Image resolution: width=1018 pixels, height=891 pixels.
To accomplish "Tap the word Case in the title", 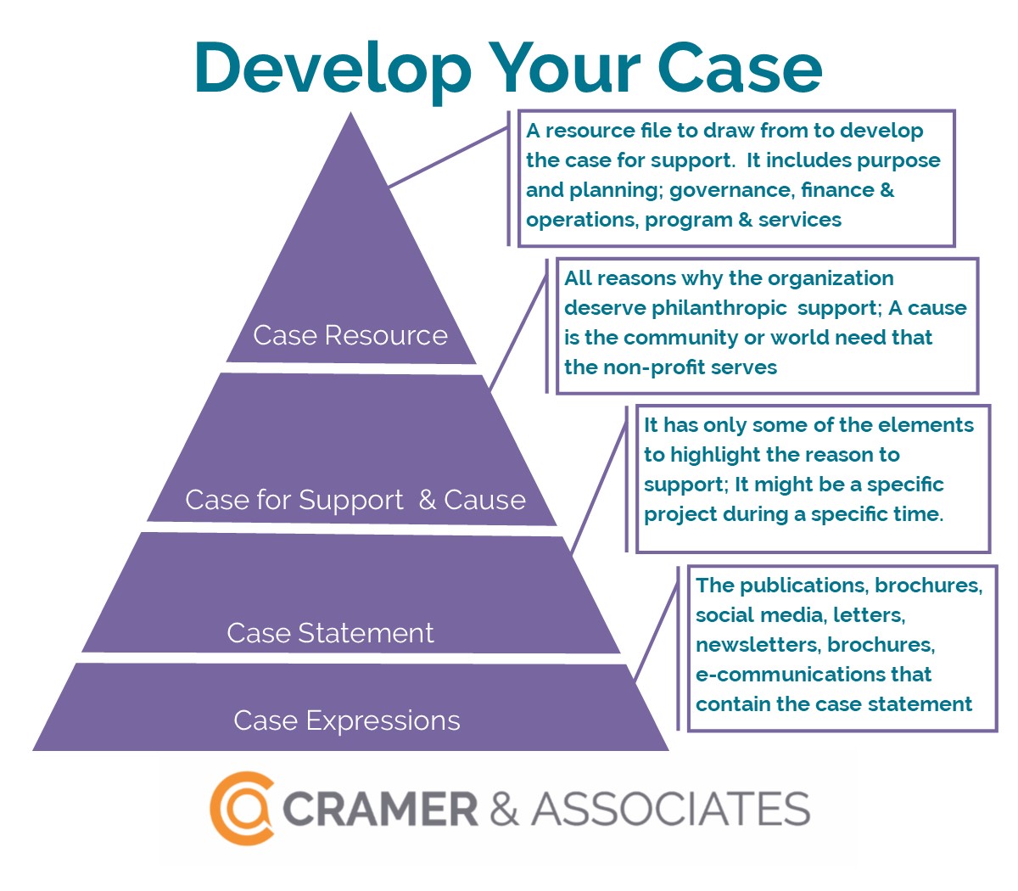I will [740, 67].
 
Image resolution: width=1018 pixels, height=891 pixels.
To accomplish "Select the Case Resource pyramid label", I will [350, 335].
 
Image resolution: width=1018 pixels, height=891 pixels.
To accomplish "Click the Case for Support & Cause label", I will [355, 500].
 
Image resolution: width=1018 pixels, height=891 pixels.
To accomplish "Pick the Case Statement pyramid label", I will [330, 633].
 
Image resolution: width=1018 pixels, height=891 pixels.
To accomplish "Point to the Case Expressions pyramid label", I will [347, 720].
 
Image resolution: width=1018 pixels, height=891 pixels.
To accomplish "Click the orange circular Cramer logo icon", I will [243, 808].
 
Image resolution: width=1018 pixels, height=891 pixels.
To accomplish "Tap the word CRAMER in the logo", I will [380, 809].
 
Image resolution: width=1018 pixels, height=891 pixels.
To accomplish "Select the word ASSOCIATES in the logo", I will [670, 809].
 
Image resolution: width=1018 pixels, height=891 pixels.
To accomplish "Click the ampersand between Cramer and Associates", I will [504, 809].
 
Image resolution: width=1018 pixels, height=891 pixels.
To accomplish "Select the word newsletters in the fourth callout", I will [757, 645].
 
